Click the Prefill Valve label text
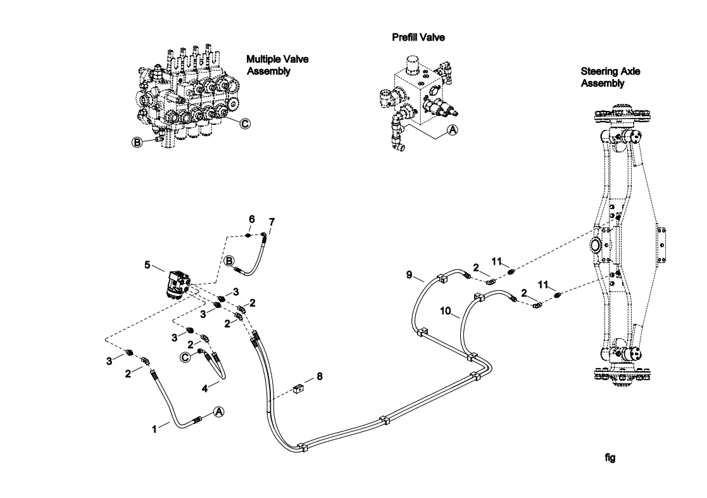click(418, 37)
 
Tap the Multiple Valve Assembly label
click(273, 65)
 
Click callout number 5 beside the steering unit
click(148, 265)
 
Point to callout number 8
click(320, 376)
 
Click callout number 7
click(272, 222)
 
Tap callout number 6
click(251, 219)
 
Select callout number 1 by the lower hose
click(154, 429)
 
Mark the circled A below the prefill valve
click(452, 129)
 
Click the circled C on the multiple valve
click(244, 124)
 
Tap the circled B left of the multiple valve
click(135, 141)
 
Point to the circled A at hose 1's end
click(219, 411)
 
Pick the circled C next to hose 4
click(185, 357)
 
